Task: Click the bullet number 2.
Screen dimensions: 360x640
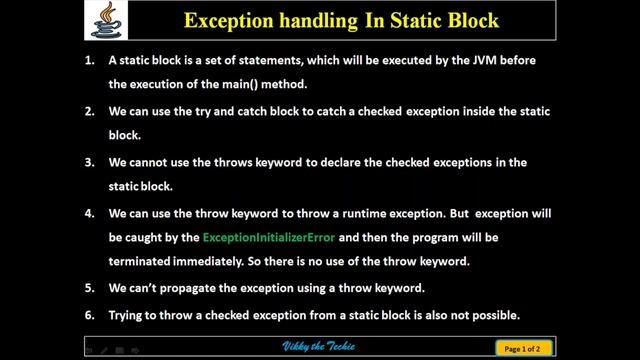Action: [89, 110]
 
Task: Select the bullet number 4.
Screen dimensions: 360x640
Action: [89, 214]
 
